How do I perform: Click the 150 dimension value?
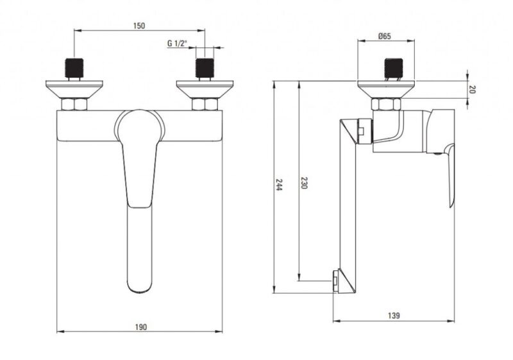point(139,26)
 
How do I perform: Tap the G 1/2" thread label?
point(177,43)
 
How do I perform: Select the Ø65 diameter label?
point(385,36)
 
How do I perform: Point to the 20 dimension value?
point(472,89)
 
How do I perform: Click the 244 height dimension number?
point(278,185)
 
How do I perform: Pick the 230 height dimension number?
point(304,183)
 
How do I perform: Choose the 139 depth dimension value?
point(394,316)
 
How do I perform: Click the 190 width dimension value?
point(141,327)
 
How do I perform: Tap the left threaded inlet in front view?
point(74,68)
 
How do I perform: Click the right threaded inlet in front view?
point(205,68)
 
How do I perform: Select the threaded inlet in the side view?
point(394,68)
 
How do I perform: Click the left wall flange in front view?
point(74,89)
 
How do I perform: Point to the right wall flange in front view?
point(205,89)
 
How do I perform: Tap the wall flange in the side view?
point(386,89)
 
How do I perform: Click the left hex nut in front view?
point(74,105)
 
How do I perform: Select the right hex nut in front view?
point(205,105)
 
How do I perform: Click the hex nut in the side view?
point(386,105)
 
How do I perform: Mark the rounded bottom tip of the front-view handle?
point(140,292)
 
